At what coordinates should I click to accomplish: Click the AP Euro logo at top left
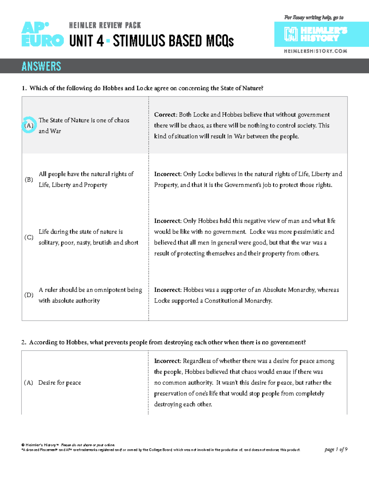42,34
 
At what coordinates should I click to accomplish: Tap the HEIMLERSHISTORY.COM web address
315,51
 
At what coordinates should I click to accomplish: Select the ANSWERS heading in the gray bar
41,66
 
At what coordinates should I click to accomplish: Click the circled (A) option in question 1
29,125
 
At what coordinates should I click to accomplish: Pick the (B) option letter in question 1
29,179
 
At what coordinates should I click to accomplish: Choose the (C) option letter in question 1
29,237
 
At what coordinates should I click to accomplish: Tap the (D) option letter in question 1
29,295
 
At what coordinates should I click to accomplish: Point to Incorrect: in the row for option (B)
168,174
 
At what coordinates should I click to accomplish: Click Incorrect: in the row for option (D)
168,290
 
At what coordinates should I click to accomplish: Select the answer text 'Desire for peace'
60,383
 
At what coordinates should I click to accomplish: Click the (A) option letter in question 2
29,383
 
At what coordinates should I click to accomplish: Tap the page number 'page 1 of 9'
336,449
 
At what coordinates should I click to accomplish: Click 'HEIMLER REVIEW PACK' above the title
105,25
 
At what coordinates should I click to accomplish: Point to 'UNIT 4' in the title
86,41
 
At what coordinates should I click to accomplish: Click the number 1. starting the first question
24,88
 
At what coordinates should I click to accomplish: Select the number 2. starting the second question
24,342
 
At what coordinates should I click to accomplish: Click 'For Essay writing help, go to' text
314,18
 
